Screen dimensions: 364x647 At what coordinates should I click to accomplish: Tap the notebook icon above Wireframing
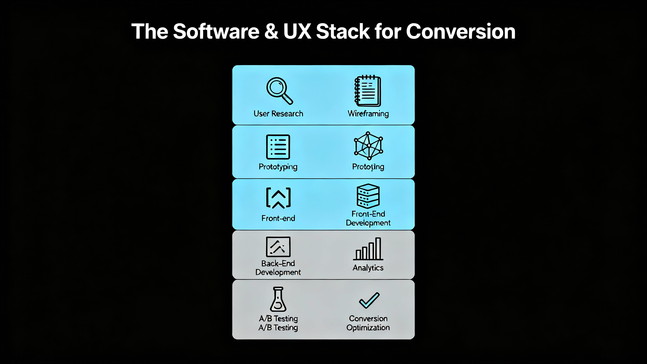click(x=368, y=91)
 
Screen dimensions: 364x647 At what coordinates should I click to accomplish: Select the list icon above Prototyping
click(x=278, y=147)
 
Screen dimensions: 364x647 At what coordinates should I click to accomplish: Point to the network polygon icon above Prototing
click(x=368, y=146)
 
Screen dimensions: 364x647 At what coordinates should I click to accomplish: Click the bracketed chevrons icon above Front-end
click(x=278, y=198)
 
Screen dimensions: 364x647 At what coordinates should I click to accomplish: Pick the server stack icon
click(x=368, y=196)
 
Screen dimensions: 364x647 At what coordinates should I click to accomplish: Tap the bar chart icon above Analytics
click(x=368, y=249)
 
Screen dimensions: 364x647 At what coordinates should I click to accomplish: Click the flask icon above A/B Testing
click(x=278, y=299)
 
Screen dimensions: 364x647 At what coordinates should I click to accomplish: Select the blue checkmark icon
click(x=369, y=300)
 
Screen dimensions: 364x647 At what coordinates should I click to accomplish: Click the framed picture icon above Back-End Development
click(x=278, y=247)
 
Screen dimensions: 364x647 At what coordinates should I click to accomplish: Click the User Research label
click(x=278, y=114)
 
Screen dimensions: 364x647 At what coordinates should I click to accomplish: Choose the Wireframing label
click(x=368, y=114)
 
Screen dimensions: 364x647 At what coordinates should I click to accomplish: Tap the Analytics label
click(x=368, y=268)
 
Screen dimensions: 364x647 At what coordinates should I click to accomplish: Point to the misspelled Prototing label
click(x=368, y=167)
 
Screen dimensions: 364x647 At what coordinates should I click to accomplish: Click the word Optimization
click(x=368, y=328)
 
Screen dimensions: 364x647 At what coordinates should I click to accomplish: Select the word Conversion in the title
click(x=460, y=31)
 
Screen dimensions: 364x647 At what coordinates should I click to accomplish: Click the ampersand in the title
click(x=271, y=31)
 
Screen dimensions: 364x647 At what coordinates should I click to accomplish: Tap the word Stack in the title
click(x=343, y=31)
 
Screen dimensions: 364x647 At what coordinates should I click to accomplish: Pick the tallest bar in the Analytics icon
click(x=378, y=248)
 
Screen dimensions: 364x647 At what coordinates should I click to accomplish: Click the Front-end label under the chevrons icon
click(x=278, y=218)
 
